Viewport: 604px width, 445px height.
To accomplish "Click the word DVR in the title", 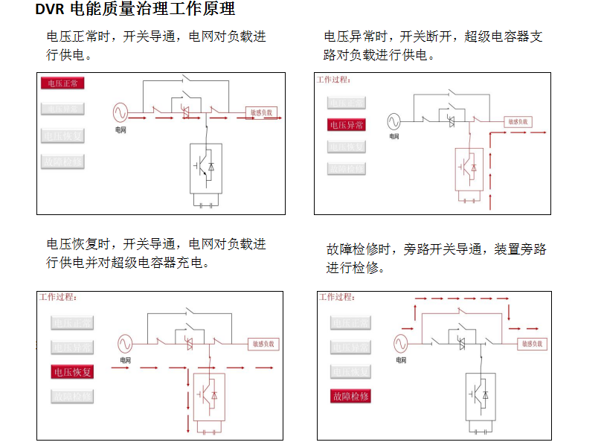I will (x=49, y=10).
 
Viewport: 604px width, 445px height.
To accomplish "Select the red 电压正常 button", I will (x=62, y=83).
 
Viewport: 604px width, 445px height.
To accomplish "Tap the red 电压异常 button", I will (x=347, y=125).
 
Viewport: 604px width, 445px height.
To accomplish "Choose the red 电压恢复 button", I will (x=72, y=371).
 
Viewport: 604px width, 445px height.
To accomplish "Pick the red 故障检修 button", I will (x=350, y=396).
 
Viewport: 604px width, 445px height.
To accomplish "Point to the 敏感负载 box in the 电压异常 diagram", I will (x=519, y=121).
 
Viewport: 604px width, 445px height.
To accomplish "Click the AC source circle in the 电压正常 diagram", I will (x=121, y=113).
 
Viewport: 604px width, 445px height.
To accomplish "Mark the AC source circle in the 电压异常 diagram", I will (x=394, y=121).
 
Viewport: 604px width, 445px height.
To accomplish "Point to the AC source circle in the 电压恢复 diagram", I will (x=124, y=344).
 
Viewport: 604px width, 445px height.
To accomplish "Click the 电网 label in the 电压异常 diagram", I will (x=394, y=136).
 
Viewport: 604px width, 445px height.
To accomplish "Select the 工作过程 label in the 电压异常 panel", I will (x=334, y=79).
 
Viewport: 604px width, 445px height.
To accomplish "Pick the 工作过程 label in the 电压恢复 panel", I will (x=58, y=297).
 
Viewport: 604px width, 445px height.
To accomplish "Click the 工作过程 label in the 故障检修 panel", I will (x=337, y=297).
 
